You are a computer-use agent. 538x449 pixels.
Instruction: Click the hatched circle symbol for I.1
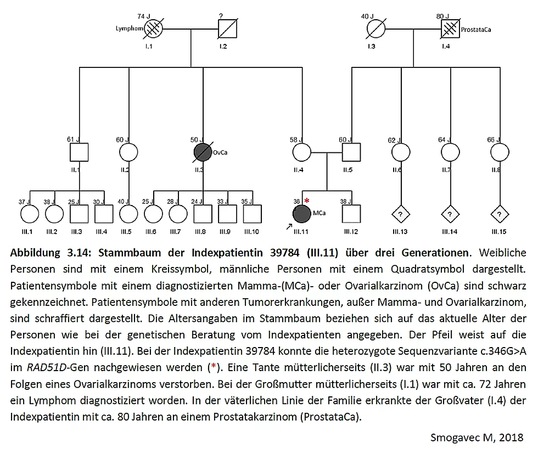(153, 27)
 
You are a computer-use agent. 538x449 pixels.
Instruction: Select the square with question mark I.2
(227, 27)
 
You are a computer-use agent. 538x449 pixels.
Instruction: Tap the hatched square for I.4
(450, 27)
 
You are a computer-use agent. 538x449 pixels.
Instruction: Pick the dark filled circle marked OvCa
(203, 152)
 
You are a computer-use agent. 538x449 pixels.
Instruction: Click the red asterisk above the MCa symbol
(307, 201)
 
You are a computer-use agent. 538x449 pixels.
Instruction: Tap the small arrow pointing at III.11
(289, 225)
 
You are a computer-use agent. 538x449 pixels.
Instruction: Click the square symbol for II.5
(351, 152)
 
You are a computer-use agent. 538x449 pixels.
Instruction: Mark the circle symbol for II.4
(301, 152)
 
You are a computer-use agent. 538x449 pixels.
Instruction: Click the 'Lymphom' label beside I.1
(129, 27)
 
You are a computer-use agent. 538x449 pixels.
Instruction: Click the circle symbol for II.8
(498, 152)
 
